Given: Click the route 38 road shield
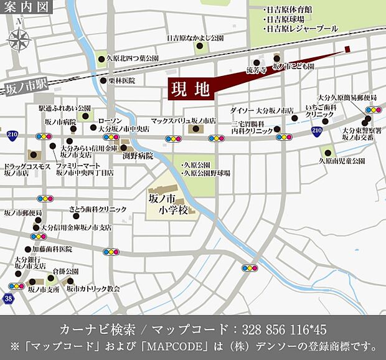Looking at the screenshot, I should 7,299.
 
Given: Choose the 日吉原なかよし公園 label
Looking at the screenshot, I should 195,38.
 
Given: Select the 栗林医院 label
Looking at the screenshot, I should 122,80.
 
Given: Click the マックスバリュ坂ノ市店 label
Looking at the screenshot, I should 183,120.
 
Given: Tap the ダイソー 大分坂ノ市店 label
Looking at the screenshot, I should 261,110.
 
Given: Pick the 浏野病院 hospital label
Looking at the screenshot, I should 138,156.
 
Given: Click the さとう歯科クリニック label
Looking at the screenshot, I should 98,209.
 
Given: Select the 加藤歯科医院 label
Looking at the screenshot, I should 52,249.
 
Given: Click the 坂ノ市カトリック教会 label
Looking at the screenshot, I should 93,289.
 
